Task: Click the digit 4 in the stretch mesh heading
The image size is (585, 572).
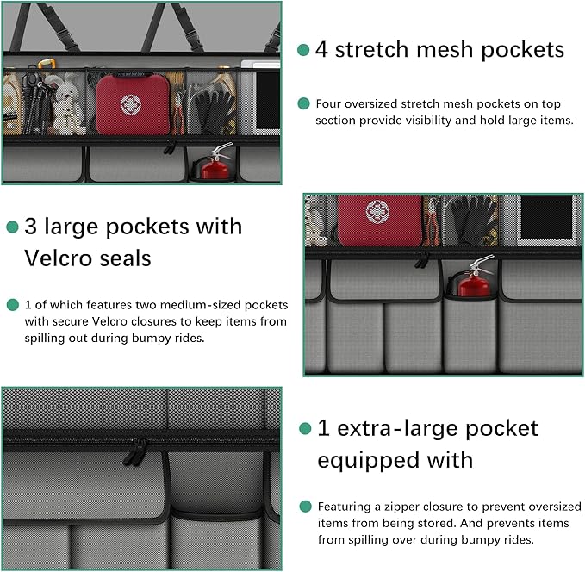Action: pos(321,49)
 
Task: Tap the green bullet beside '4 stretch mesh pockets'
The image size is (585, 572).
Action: pos(302,50)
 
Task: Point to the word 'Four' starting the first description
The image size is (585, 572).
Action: pos(329,103)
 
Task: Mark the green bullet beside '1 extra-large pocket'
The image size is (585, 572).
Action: pos(303,428)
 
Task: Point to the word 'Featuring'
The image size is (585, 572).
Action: pos(343,507)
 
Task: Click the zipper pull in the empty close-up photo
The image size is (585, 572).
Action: pos(135,451)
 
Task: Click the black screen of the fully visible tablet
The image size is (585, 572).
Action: pos(545,219)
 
